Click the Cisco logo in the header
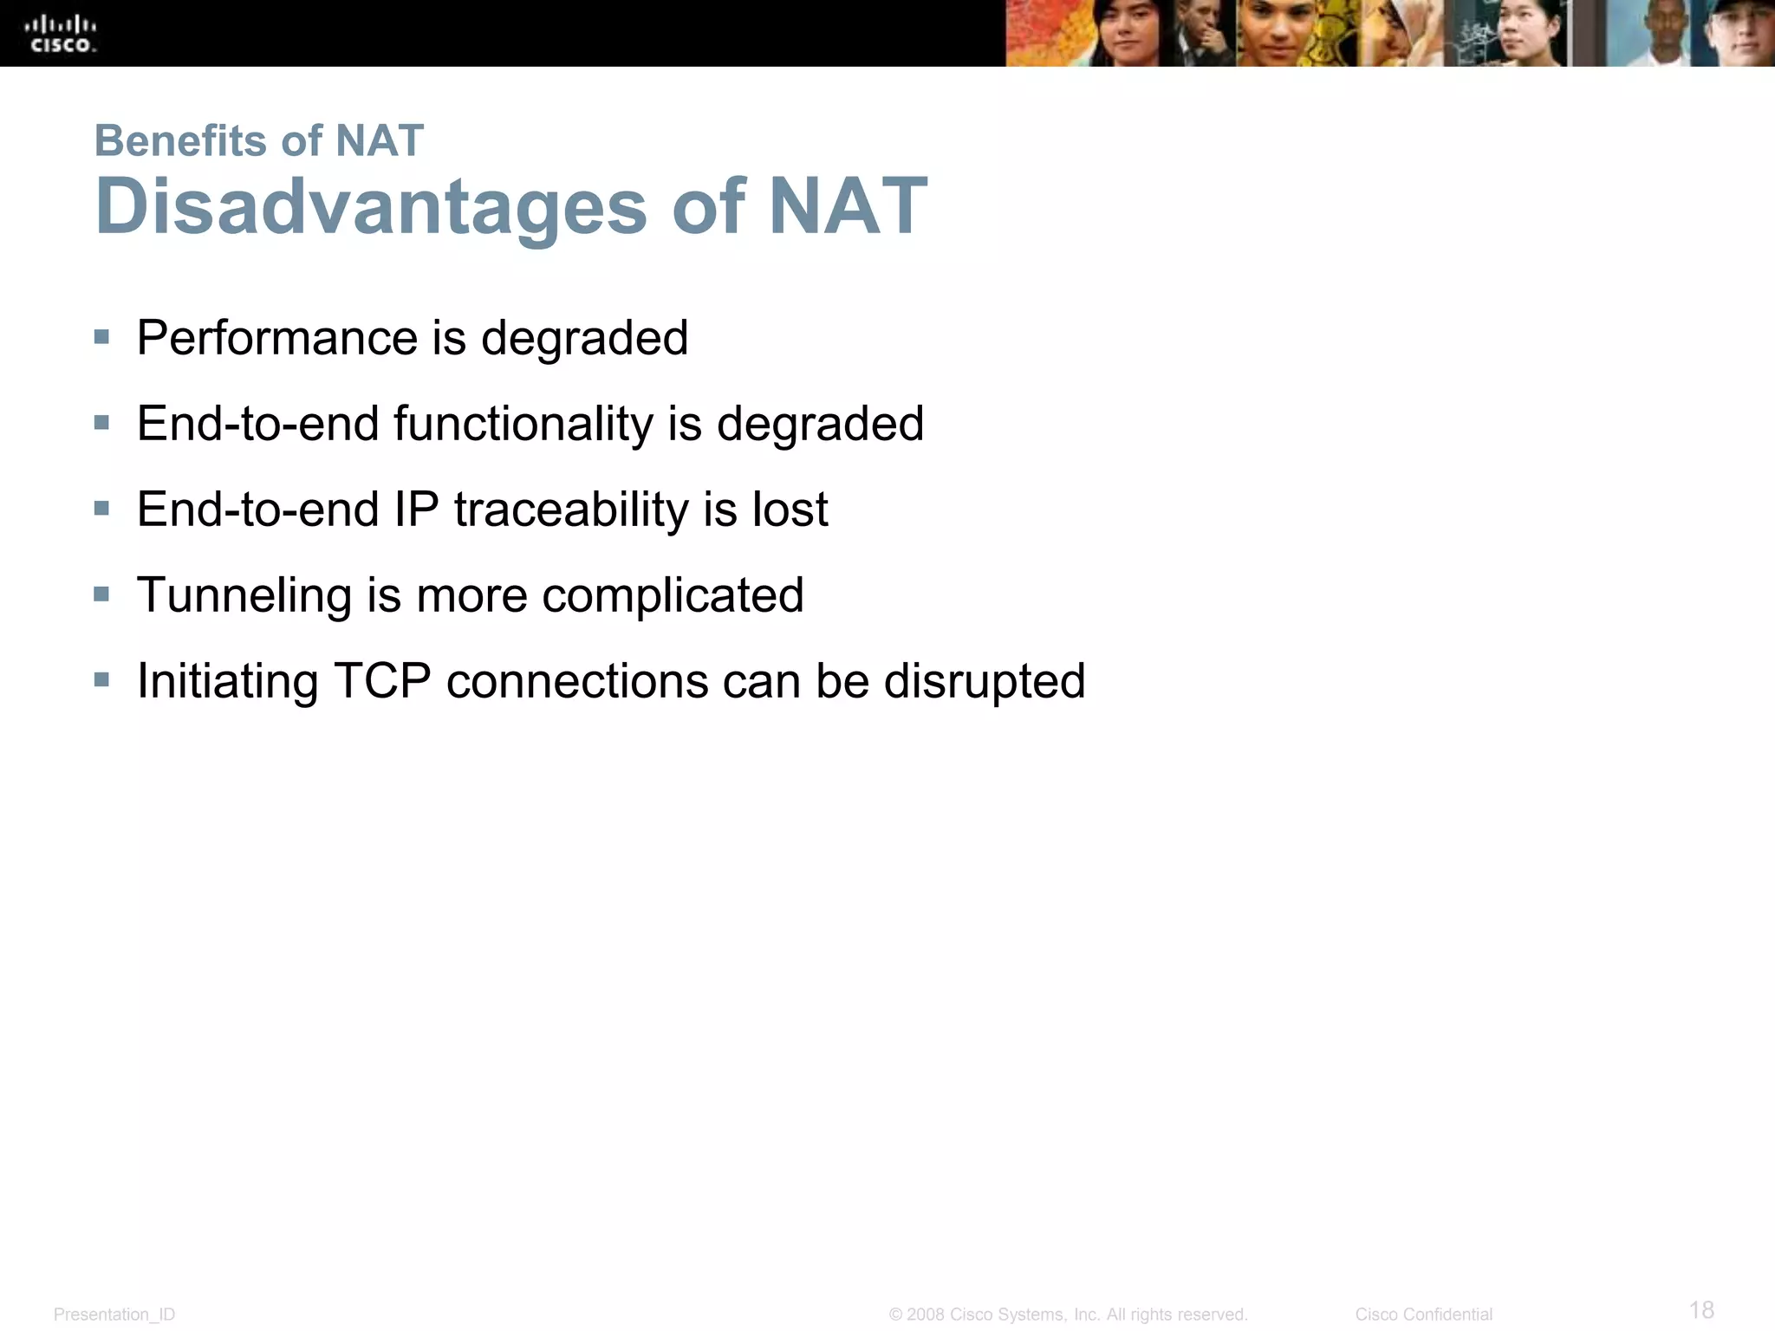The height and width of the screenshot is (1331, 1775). pyautogui.click(x=63, y=34)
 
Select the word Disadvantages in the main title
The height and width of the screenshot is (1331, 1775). pyautogui.click(x=371, y=207)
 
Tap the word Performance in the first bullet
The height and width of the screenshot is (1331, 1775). pyautogui.click(x=276, y=338)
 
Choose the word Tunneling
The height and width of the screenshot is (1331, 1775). pyautogui.click(x=244, y=595)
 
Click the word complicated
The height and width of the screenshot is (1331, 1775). pyautogui.click(x=673, y=595)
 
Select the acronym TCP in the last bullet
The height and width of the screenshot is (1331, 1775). pyautogui.click(x=382, y=681)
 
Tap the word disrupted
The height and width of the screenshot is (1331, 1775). pyautogui.click(x=984, y=681)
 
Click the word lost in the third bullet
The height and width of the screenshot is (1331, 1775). pyautogui.click(x=790, y=510)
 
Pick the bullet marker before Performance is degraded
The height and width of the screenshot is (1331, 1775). pyautogui.click(x=102, y=337)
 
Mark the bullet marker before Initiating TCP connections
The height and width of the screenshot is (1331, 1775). pyautogui.click(x=102, y=680)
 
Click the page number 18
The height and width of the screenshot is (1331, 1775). pyautogui.click(x=1701, y=1309)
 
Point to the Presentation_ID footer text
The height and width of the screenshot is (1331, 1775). pyautogui.click(x=114, y=1315)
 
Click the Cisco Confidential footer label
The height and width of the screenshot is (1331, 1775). pyautogui.click(x=1423, y=1315)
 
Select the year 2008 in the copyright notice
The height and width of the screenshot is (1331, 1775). pyautogui.click(x=925, y=1315)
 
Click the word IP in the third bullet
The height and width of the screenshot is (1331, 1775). pyautogui.click(x=416, y=510)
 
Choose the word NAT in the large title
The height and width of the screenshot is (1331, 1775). pyautogui.click(x=847, y=207)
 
